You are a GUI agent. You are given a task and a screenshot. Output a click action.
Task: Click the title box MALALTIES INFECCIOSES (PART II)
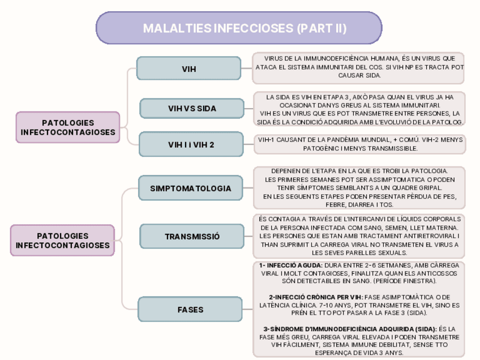[x=239, y=28]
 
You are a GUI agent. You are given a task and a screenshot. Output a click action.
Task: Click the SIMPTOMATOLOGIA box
[x=191, y=188]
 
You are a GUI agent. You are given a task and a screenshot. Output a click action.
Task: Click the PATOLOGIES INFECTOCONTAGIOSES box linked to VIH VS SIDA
[x=68, y=127]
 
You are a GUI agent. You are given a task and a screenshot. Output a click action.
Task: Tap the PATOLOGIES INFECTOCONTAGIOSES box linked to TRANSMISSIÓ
[x=63, y=240]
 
